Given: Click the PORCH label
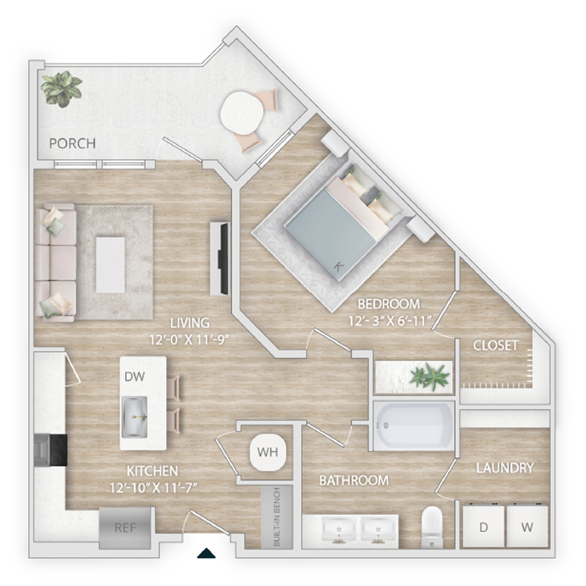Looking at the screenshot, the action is click(72, 143).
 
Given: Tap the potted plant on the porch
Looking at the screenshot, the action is click(61, 89).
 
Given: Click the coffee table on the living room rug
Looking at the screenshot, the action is click(110, 264).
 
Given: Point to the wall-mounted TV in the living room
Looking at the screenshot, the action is click(224, 258).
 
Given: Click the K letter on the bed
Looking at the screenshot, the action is click(339, 267).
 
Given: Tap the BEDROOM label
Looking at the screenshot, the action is click(389, 304).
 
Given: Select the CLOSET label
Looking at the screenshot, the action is click(495, 345).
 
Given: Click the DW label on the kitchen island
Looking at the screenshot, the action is click(135, 376).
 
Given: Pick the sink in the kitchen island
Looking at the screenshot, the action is click(135, 417).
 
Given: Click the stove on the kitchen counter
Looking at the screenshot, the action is click(51, 450).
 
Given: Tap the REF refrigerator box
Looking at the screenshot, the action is click(126, 527).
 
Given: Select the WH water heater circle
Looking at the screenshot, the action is click(268, 453).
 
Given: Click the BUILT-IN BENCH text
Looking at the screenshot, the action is click(277, 517).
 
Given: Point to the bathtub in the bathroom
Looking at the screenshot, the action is click(413, 426).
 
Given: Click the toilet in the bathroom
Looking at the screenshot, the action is click(432, 527).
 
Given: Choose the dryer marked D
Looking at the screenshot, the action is click(484, 527).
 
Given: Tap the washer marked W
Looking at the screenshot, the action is click(527, 527).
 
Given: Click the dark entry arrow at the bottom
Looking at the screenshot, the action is click(206, 553).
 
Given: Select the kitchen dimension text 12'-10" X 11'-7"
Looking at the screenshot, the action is click(153, 488).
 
